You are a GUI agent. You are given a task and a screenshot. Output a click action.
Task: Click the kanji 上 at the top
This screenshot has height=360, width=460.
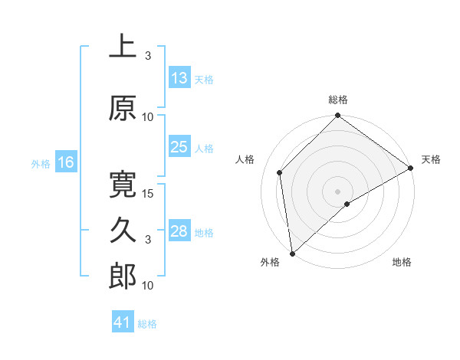coord(122,47)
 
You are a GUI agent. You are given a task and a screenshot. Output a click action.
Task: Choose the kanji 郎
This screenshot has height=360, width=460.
coord(122,277)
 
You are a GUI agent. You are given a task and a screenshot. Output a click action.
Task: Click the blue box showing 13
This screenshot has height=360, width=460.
coord(179,78)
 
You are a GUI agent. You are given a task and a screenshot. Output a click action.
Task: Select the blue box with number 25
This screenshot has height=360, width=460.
coord(179,147)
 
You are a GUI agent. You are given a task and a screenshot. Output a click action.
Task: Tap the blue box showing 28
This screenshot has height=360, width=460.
coord(179,231)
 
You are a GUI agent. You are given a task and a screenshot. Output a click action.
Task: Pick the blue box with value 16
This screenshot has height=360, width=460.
coord(65,162)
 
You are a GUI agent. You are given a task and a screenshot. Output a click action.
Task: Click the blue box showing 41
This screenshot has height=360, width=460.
coord(123,323)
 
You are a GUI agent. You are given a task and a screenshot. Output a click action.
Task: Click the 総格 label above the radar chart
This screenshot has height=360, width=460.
coord(338,100)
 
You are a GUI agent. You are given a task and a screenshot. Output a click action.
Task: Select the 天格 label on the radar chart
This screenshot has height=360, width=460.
coord(431,159)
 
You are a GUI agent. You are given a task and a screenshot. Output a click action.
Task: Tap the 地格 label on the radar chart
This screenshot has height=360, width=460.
coord(402,262)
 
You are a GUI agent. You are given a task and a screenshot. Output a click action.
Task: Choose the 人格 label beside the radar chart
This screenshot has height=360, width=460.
coord(245,159)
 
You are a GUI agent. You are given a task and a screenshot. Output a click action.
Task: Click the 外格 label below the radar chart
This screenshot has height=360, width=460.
coord(270,262)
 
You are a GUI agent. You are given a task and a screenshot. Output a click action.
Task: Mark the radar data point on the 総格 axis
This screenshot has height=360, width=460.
coord(338,117)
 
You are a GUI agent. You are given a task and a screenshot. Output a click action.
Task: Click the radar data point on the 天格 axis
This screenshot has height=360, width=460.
coord(411,168)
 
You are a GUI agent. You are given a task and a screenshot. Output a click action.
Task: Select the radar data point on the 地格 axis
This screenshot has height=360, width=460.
coord(347,204)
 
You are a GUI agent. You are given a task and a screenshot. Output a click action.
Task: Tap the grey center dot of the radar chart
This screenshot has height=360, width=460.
coord(338,191)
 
